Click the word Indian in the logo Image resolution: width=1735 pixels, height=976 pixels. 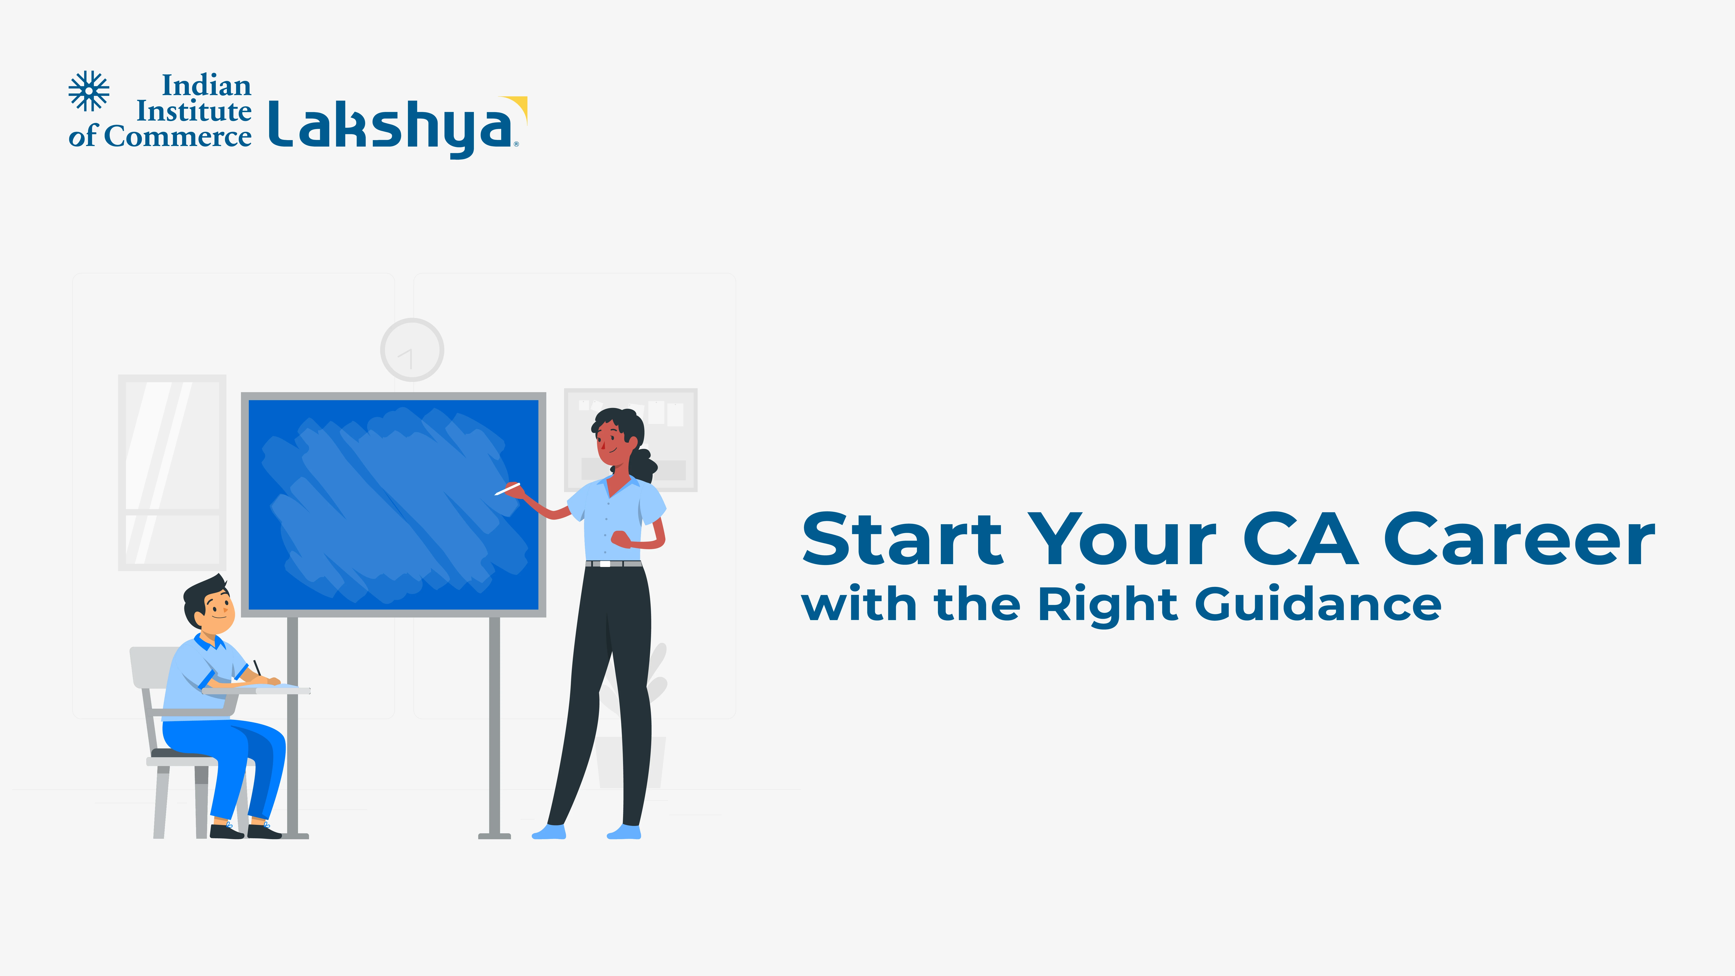click(207, 85)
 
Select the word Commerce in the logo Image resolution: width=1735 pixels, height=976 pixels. click(178, 136)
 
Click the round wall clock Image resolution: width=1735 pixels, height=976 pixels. click(412, 350)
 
